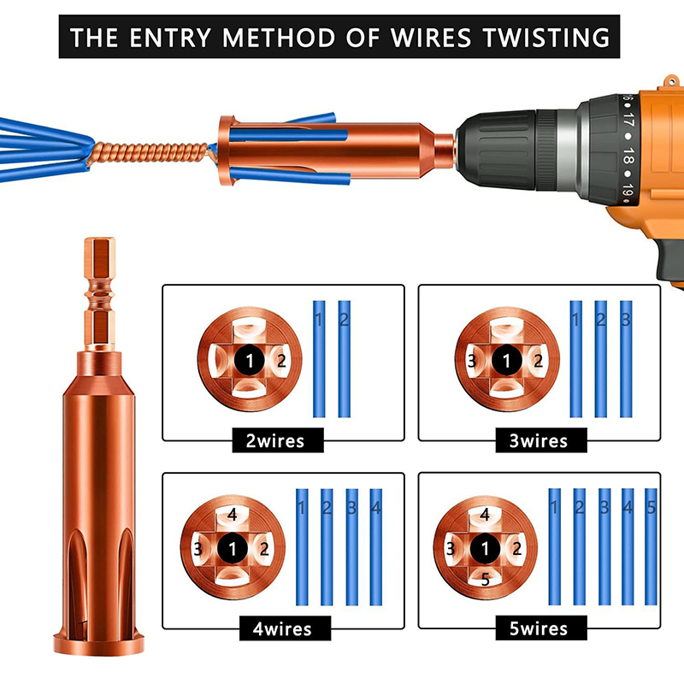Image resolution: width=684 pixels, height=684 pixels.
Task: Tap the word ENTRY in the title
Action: pos(170,37)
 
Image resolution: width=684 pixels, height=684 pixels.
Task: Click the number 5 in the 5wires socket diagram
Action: pos(485,580)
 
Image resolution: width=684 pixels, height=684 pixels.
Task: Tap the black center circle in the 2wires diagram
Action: pos(249,360)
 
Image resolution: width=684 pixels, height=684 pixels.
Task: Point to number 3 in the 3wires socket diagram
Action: pos(472,361)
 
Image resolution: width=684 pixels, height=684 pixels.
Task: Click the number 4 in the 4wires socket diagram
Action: pos(232,515)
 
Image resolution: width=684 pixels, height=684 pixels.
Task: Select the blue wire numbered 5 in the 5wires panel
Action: pos(651,546)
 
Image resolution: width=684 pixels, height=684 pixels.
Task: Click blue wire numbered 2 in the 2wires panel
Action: pos(345,358)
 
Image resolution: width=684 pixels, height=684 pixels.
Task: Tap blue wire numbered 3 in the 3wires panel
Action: pos(626,358)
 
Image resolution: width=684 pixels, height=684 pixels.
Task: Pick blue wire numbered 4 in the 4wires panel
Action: pos(376,547)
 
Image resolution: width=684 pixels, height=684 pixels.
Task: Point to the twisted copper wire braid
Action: pos(148,154)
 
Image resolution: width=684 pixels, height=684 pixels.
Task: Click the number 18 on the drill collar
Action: pos(628,156)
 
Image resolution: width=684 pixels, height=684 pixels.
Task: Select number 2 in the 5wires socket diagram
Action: pos(517,548)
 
